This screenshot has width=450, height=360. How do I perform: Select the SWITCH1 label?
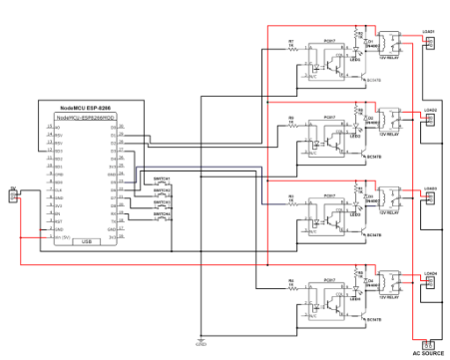point(161,178)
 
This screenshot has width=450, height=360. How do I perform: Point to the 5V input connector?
point(12,196)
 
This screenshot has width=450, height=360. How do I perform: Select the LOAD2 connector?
point(431,119)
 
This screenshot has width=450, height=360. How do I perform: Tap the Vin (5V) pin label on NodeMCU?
point(62,235)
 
